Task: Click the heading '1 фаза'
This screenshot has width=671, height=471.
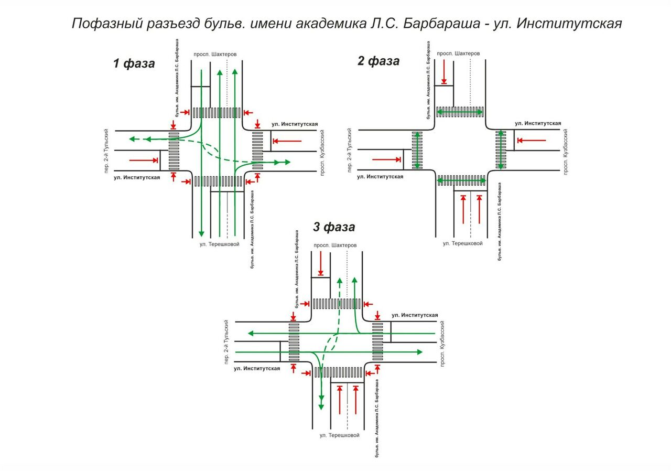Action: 134,64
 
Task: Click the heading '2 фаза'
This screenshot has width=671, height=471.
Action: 378,61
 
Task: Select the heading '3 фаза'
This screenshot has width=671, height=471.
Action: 334,227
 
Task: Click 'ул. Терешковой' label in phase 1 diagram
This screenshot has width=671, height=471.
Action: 219,244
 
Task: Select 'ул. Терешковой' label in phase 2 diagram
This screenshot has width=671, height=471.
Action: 463,243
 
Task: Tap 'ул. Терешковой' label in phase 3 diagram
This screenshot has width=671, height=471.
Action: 340,435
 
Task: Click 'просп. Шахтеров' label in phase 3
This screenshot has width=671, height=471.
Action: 335,245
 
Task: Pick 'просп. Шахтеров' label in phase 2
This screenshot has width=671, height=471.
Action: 458,53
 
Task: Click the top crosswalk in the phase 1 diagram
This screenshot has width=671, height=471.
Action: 217,112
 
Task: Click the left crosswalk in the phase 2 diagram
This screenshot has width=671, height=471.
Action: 418,150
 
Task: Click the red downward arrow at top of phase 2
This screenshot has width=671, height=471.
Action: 444,71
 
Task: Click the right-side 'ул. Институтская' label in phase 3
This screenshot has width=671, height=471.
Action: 415,315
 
